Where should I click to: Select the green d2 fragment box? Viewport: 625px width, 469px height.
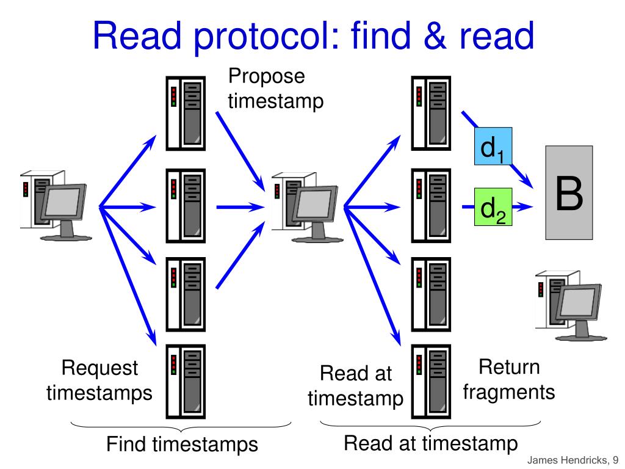coord(493,207)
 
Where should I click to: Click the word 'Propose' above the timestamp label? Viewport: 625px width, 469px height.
coord(266,77)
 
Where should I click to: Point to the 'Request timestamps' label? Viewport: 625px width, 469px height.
coord(100,380)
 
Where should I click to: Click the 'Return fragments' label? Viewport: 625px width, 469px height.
coord(509,379)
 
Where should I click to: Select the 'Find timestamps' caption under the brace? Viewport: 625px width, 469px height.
coord(182,444)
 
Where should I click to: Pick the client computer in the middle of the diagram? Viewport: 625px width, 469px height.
coord(304,205)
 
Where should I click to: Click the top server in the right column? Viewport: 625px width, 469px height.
coord(431,114)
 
